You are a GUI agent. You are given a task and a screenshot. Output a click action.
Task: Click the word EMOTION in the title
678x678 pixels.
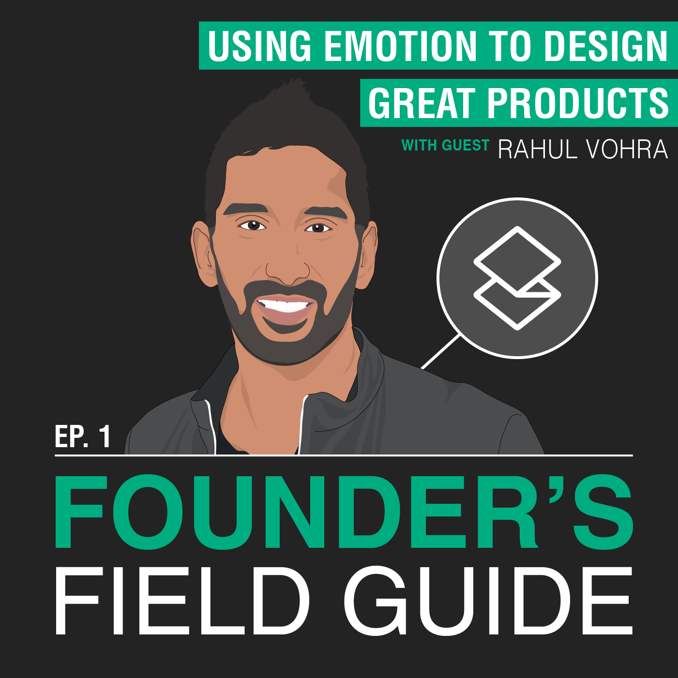400,46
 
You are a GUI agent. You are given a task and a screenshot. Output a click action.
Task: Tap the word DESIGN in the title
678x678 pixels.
606,46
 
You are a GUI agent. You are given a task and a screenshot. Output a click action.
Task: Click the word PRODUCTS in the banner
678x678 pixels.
578,103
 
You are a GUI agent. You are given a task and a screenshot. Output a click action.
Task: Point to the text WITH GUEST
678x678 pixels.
445,145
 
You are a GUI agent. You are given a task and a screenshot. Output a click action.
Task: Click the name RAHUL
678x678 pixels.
538,149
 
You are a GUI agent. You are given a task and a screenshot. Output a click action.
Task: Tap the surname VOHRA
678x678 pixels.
627,149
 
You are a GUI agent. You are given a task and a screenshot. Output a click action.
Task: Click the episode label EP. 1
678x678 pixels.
83,437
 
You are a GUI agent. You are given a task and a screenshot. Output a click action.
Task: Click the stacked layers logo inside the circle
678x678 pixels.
517,278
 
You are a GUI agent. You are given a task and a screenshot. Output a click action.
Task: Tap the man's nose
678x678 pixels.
288,271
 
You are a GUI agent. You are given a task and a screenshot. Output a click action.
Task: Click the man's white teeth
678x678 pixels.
285,305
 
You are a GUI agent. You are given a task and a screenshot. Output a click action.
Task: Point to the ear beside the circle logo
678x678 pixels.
368,254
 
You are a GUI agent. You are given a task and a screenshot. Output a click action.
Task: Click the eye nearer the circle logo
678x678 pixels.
318,228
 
